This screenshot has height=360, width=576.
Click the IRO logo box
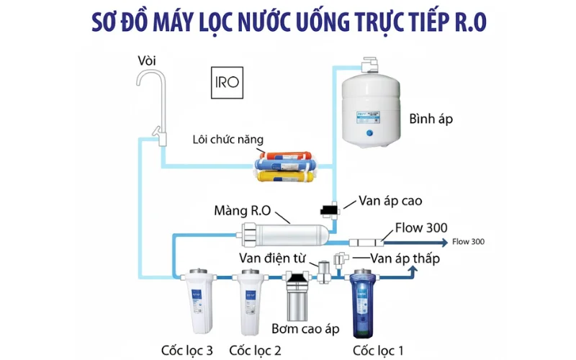pyautogui.click(x=226, y=84)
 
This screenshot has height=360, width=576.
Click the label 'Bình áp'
pyautogui.click(x=431, y=119)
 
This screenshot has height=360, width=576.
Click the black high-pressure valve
pyautogui.click(x=330, y=209)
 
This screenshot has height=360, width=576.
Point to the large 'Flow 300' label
pyautogui.click(x=421, y=228)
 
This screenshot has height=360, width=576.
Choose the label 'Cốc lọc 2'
pyautogui.click(x=253, y=351)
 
